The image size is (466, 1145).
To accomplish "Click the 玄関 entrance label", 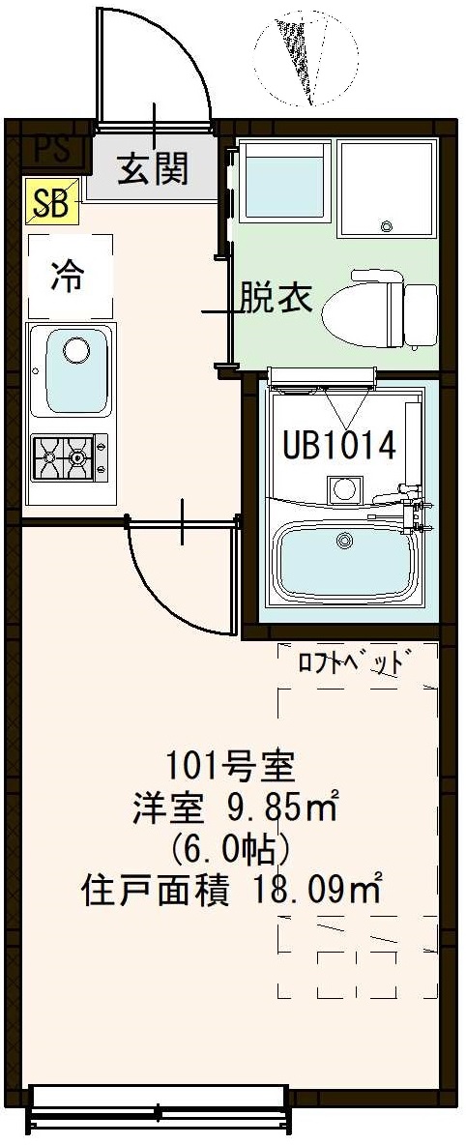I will coord(153,169).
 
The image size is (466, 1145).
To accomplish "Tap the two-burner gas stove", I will coord(69,457).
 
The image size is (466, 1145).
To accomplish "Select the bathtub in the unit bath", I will coord(347,562).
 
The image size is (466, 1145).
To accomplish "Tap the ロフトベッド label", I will coord(350,665).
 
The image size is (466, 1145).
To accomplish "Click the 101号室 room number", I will coord(223,769).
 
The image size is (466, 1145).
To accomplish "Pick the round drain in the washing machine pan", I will coord(387,227).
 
